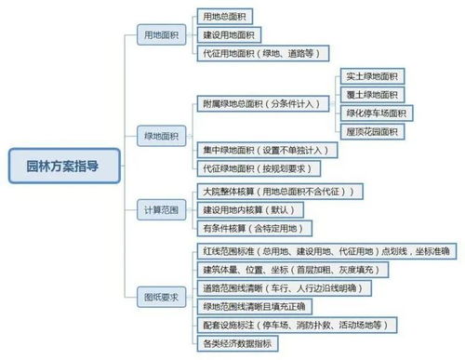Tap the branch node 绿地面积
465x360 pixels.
[x=160, y=136]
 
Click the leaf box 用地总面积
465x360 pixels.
[x=225, y=17]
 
